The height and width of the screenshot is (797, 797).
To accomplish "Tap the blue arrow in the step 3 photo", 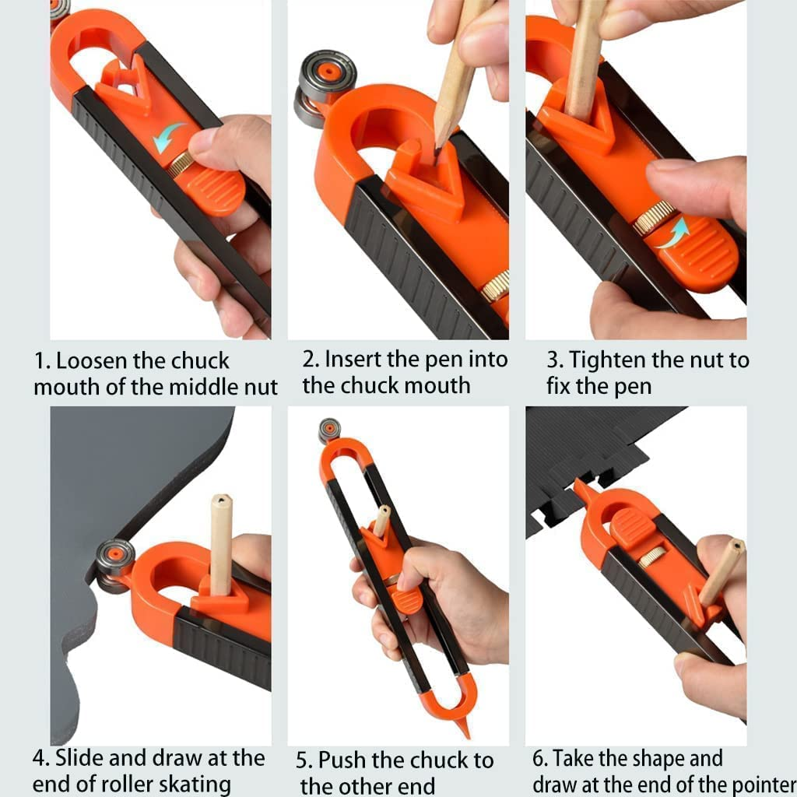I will click(x=672, y=234).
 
